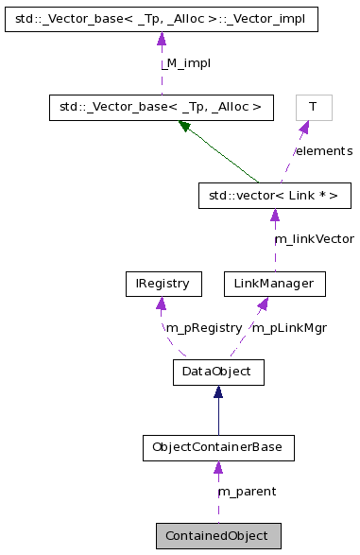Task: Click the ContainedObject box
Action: pos(218,535)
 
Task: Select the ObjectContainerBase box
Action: pos(218,447)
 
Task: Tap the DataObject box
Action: pos(218,372)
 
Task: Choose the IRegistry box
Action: pos(163,283)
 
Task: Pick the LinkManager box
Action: pos(275,283)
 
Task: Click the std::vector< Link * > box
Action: pos(275,196)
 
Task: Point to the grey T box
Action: pos(313,107)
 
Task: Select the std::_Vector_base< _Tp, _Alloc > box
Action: pos(162,107)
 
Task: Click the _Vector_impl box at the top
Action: pos(162,18)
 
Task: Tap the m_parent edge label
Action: pos(247,492)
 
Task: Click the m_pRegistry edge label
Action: pos(203,327)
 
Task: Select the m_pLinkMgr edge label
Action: pos(288,327)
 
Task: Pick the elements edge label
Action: pos(323,151)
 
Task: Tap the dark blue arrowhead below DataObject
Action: pos(218,392)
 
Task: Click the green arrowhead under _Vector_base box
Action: pos(184,126)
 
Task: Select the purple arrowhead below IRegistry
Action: pos(163,304)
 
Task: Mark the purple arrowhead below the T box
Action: pos(304,128)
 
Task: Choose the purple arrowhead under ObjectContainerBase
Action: pos(218,468)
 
